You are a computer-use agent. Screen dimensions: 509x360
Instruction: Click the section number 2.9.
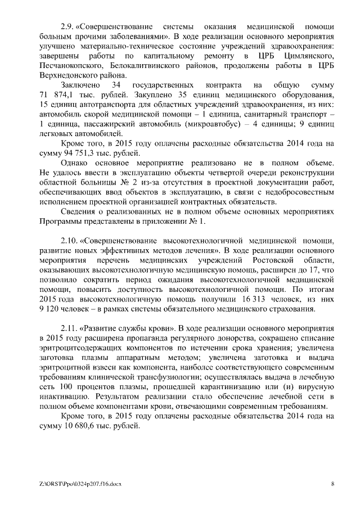[x=67, y=26]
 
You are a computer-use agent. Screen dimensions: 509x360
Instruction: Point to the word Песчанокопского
[x=73, y=67]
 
